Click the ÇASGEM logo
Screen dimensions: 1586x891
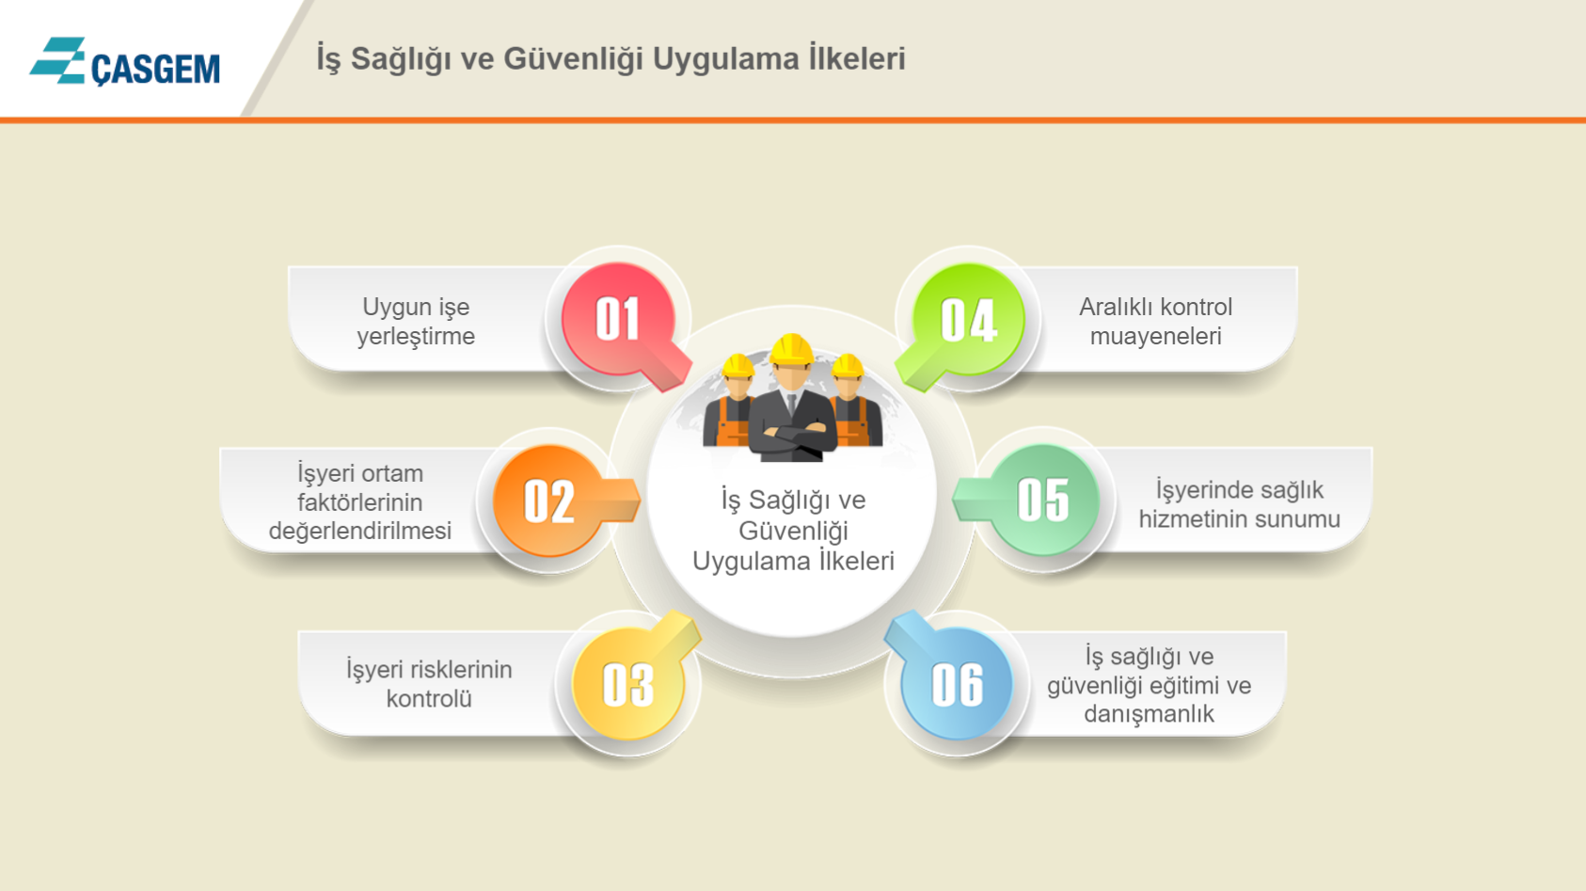[124, 61]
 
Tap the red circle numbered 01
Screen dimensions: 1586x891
[617, 319]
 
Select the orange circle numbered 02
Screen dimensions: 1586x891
[548, 501]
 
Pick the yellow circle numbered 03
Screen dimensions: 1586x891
[628, 684]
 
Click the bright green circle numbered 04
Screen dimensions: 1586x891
[969, 320]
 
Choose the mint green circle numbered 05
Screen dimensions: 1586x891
[1043, 500]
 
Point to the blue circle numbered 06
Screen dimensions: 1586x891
[957, 684]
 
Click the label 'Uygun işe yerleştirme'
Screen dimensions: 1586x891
[416, 322]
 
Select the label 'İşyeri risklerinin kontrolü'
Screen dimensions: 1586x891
[429, 683]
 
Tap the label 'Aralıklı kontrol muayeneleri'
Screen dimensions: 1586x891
[1155, 321]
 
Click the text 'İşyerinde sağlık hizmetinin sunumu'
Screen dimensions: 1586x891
[1239, 503]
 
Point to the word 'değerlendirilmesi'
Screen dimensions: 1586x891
[359, 531]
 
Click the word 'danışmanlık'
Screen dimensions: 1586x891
[1149, 714]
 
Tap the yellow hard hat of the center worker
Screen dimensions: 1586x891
[791, 350]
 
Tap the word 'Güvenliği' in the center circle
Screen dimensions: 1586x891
[793, 532]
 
